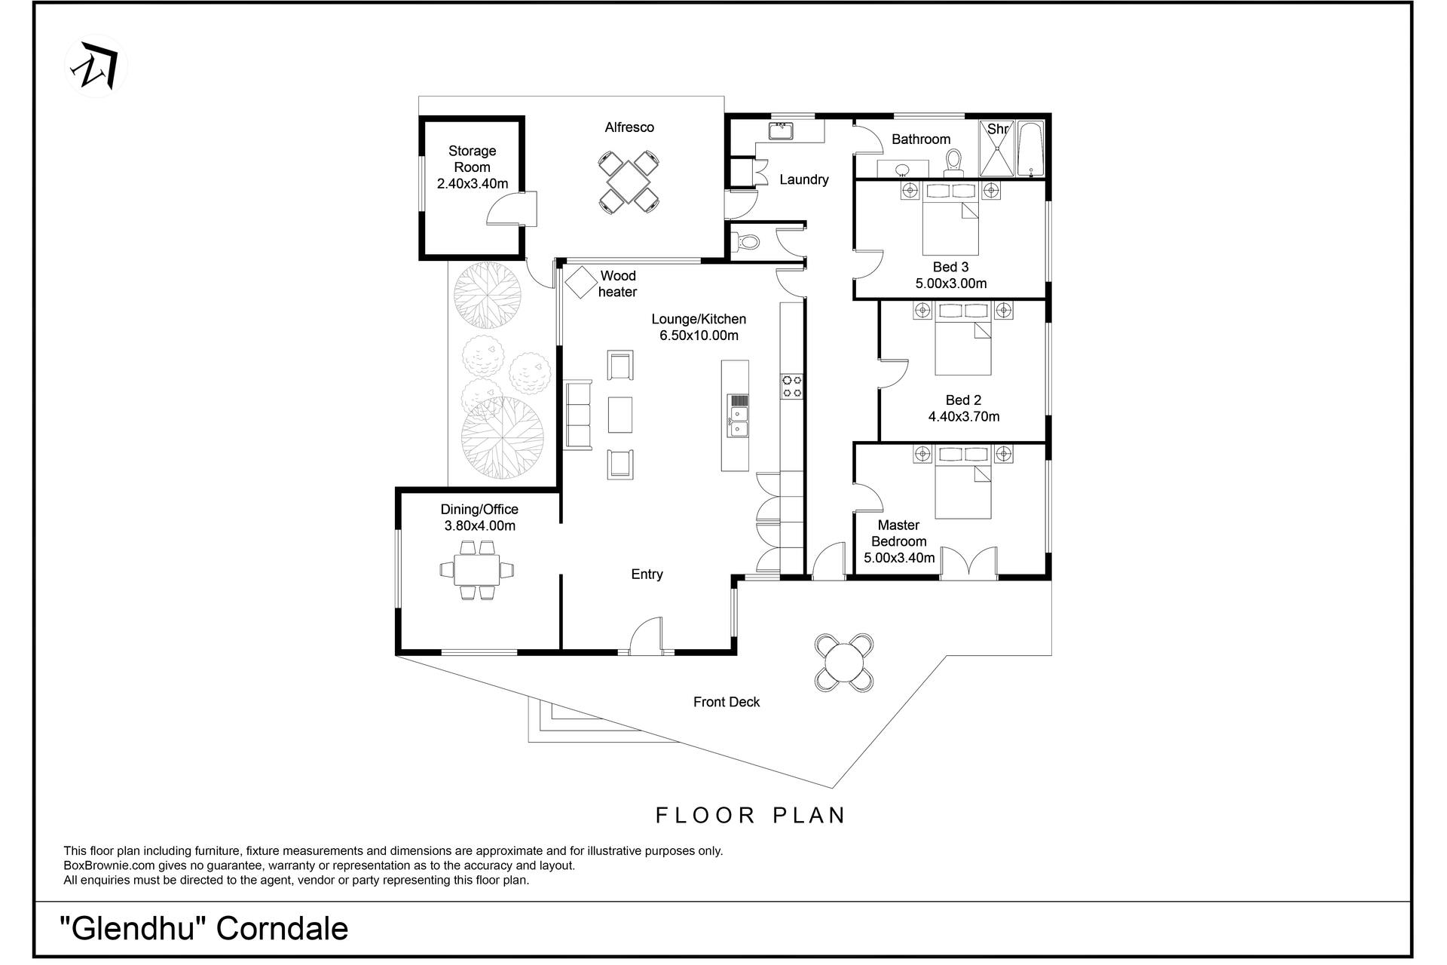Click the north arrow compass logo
(x=96, y=66)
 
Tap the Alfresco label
(x=629, y=127)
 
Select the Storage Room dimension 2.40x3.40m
(x=473, y=183)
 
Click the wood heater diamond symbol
(x=581, y=282)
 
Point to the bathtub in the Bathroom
(x=1030, y=149)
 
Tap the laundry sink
(x=782, y=131)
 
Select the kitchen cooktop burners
(x=791, y=386)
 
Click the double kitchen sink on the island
(x=737, y=416)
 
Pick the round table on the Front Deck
(x=845, y=663)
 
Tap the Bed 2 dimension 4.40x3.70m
(x=964, y=416)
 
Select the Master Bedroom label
(x=899, y=533)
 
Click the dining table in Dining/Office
(x=476, y=569)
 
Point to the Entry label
(x=647, y=574)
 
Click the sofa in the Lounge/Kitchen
(x=579, y=415)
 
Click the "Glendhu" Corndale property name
(x=204, y=928)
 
